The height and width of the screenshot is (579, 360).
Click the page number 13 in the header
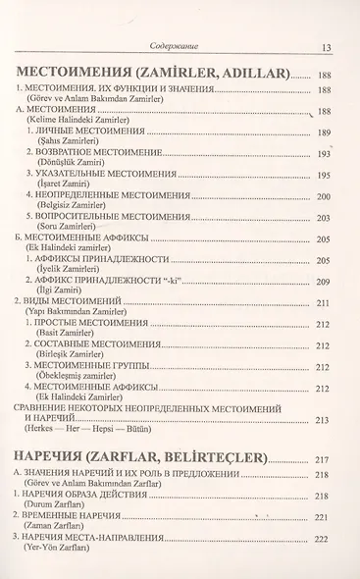coord(325,45)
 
